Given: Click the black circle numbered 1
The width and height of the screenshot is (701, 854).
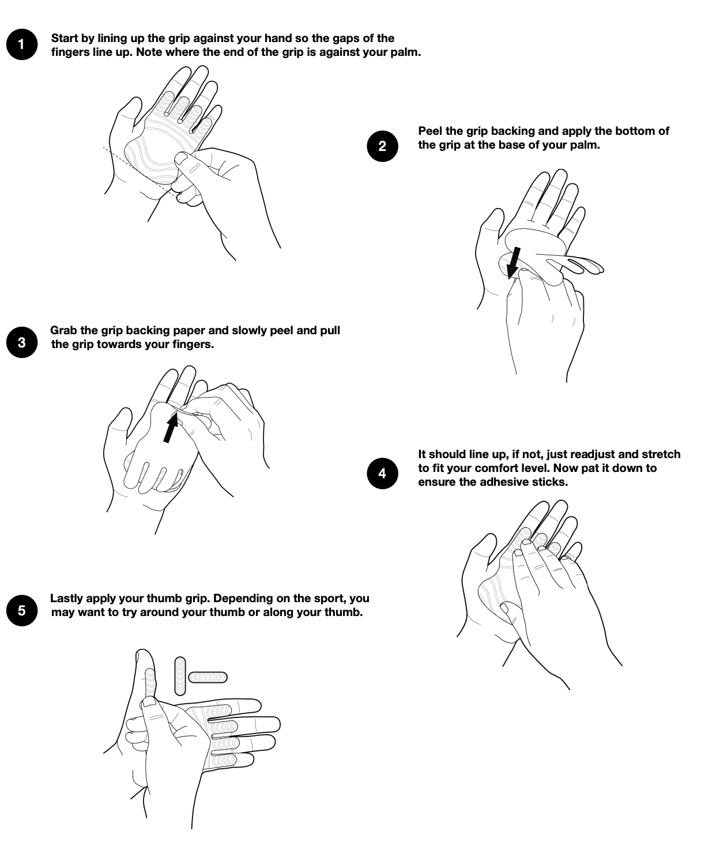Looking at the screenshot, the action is coord(22,44).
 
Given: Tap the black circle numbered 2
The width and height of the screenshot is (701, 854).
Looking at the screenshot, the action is coord(382,146).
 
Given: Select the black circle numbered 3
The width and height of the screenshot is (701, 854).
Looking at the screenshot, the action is coord(22,342).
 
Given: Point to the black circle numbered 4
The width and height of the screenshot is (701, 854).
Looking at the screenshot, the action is coord(382,473).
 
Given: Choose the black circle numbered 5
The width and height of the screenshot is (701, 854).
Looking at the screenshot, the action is coord(22,610).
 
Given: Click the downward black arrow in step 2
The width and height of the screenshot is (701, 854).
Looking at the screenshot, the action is coord(514,263).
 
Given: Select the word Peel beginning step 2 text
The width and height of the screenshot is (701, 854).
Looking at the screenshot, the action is coord(430,131).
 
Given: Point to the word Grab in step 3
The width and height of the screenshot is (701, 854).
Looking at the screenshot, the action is coord(63,330).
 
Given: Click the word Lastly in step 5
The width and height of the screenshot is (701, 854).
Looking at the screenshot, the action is coord(66,598).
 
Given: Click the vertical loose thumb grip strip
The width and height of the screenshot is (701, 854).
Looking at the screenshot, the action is coord(180,676).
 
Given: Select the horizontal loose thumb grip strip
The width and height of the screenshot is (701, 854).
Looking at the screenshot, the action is coord(208,677).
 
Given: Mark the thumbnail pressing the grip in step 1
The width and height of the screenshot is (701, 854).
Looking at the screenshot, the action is coord(180,158).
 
